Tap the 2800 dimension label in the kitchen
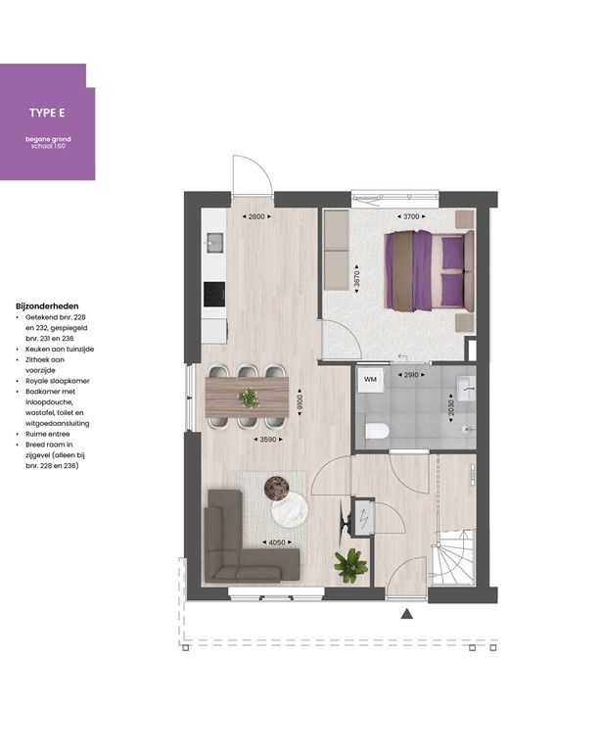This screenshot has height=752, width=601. pyautogui.click(x=256, y=216)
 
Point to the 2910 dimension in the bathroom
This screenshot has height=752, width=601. pyautogui.click(x=410, y=375)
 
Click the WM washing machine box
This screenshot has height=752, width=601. pyautogui.click(x=370, y=378)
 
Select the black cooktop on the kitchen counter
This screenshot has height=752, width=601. pyautogui.click(x=213, y=293)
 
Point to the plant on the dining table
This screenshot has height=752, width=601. pyautogui.click(x=249, y=398)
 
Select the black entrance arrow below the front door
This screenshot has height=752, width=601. pyautogui.click(x=407, y=614)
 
